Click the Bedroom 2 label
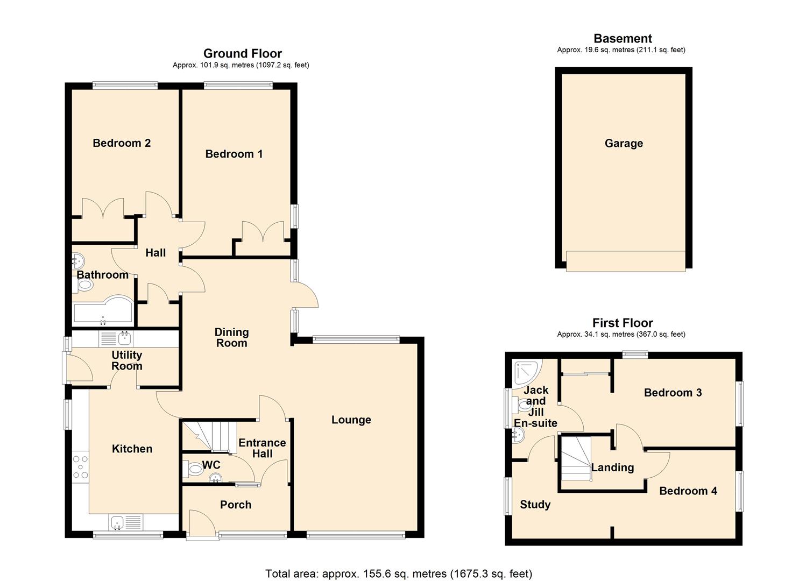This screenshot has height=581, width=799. (x=122, y=143)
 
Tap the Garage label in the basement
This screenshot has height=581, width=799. (x=624, y=144)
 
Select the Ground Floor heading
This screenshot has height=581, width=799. (x=242, y=53)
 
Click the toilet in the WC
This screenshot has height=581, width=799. (x=193, y=470)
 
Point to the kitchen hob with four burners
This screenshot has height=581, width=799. (x=81, y=467)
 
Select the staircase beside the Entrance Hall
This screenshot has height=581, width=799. (x=210, y=435)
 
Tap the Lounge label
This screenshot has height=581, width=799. (x=351, y=420)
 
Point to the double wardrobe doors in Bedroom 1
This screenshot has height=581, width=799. (x=263, y=232)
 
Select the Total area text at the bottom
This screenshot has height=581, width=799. (x=398, y=573)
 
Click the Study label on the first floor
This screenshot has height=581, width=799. (x=535, y=505)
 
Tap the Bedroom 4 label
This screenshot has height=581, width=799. (x=688, y=491)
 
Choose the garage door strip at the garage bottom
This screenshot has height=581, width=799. (x=626, y=261)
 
